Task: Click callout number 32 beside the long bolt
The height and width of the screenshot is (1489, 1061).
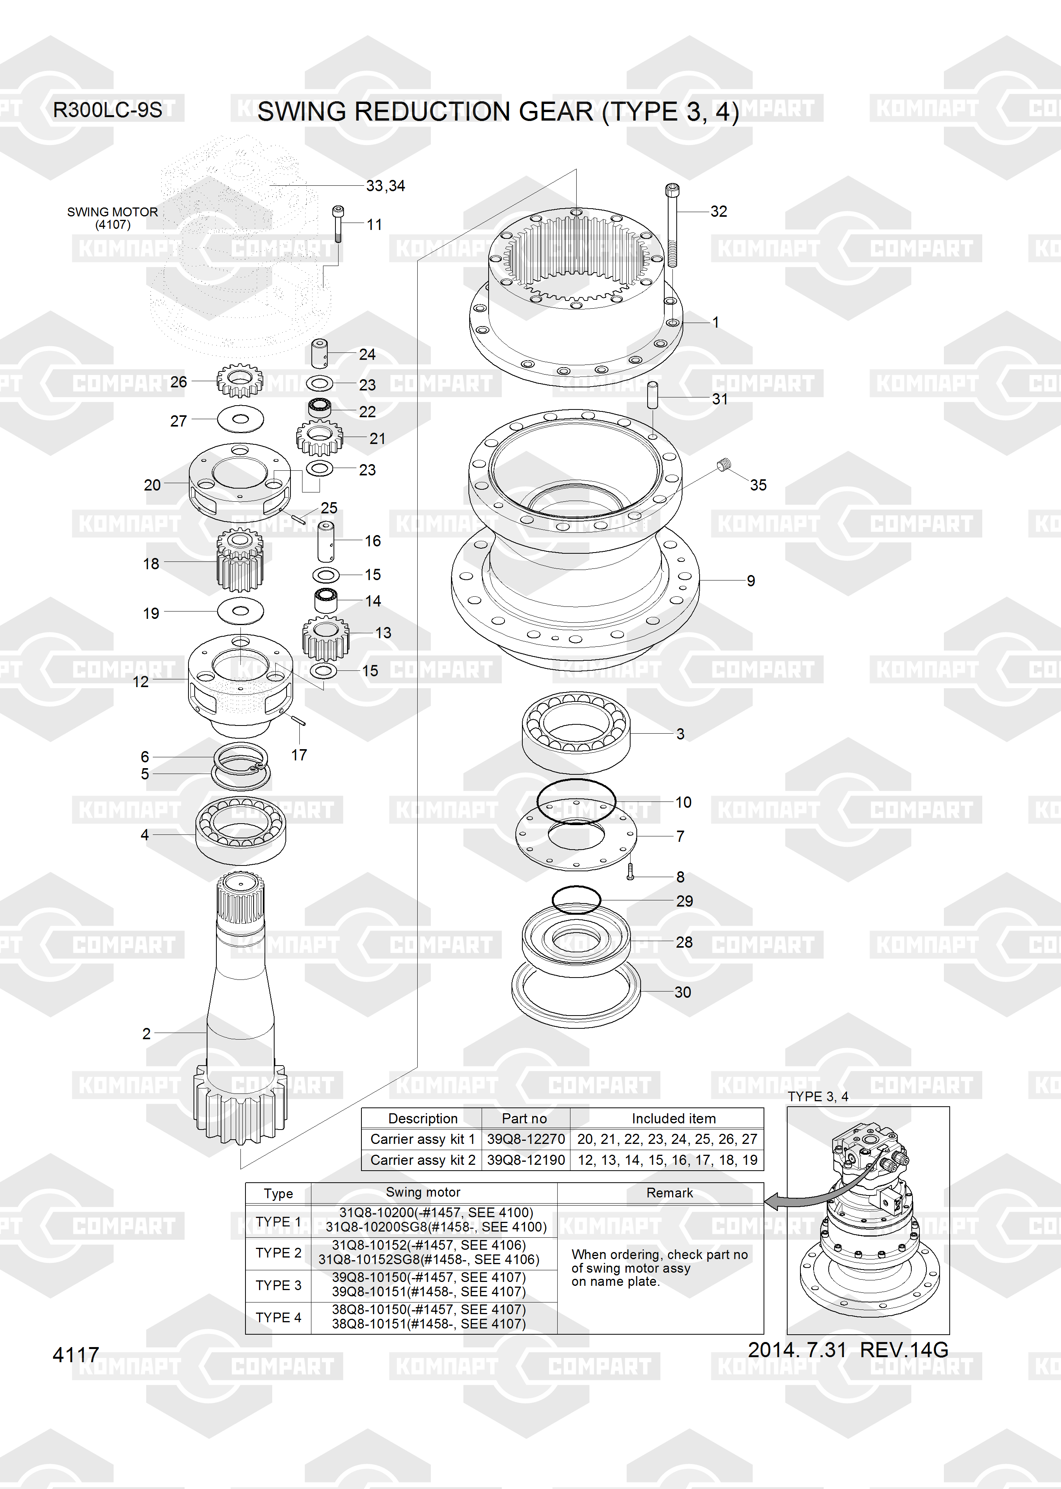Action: click(719, 212)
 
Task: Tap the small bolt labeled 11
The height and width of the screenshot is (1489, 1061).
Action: click(338, 224)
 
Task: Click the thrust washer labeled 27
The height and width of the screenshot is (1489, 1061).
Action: click(240, 419)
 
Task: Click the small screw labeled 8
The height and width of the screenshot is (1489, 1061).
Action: click(631, 871)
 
